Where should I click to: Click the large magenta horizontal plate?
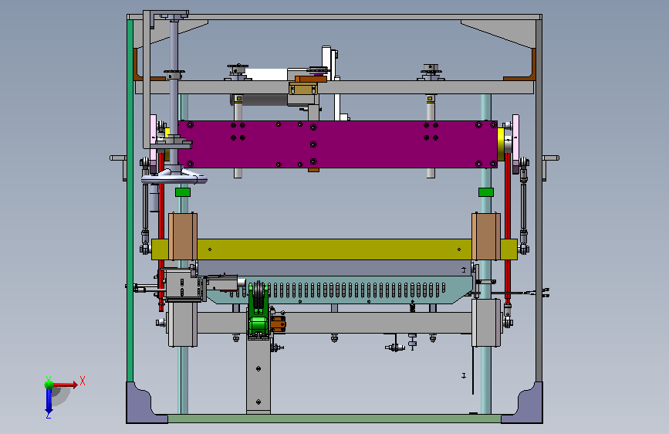click(x=337, y=144)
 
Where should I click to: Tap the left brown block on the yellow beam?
click(x=183, y=236)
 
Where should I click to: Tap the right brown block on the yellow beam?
click(x=486, y=236)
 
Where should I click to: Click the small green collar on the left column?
click(x=183, y=192)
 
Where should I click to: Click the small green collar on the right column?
click(x=486, y=192)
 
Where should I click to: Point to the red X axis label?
click(x=83, y=381)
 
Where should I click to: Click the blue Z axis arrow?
click(x=49, y=400)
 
